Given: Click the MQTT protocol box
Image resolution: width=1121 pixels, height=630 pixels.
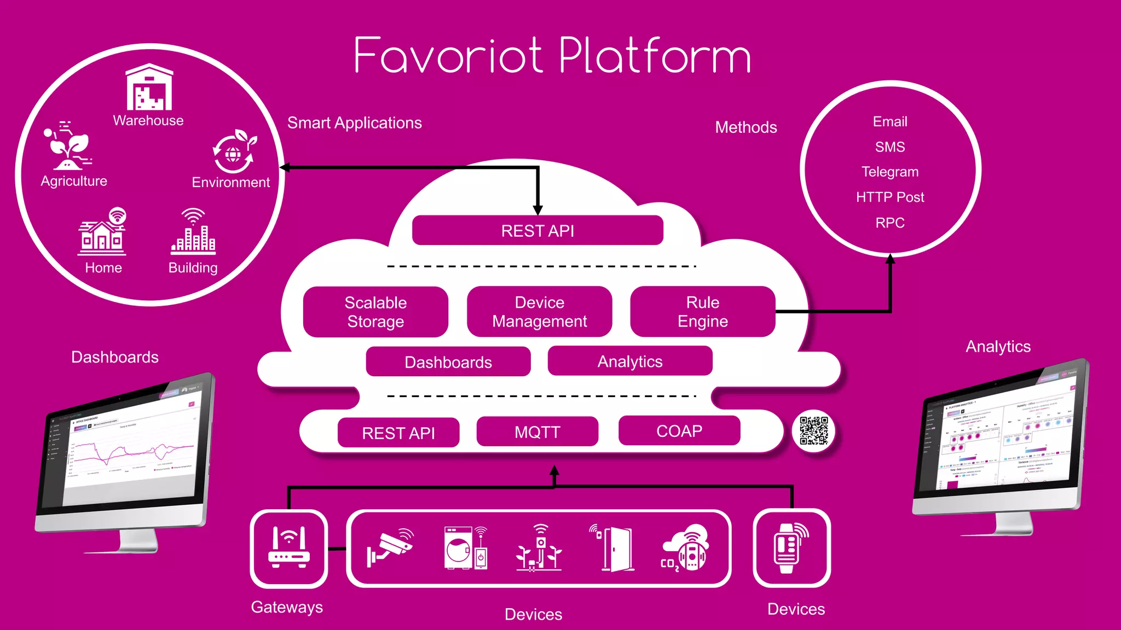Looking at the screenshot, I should point(537,432).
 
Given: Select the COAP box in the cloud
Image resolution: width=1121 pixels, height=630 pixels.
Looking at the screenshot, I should point(679,431).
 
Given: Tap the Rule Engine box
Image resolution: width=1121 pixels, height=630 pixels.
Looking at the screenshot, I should point(702,312).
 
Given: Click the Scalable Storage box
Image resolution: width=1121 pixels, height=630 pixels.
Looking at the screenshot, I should point(375,312).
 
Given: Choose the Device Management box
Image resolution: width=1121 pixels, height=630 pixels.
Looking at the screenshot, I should point(539,312).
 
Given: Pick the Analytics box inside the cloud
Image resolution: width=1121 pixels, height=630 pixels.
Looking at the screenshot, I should point(629,361).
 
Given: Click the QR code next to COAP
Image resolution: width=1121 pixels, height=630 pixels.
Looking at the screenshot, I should point(813,430).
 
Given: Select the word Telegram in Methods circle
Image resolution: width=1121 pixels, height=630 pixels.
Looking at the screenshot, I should point(889,172).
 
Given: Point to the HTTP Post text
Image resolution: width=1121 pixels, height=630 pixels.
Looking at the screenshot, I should point(889,197).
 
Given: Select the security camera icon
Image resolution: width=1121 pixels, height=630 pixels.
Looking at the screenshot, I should point(390,547).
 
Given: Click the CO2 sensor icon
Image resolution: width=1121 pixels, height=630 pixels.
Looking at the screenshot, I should point(685,549).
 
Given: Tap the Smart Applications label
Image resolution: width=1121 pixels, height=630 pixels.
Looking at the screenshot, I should point(354,123).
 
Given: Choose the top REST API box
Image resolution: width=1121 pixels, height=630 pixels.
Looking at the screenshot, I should point(537,231).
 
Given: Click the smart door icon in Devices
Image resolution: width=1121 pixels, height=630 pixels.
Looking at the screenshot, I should point(614,548).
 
